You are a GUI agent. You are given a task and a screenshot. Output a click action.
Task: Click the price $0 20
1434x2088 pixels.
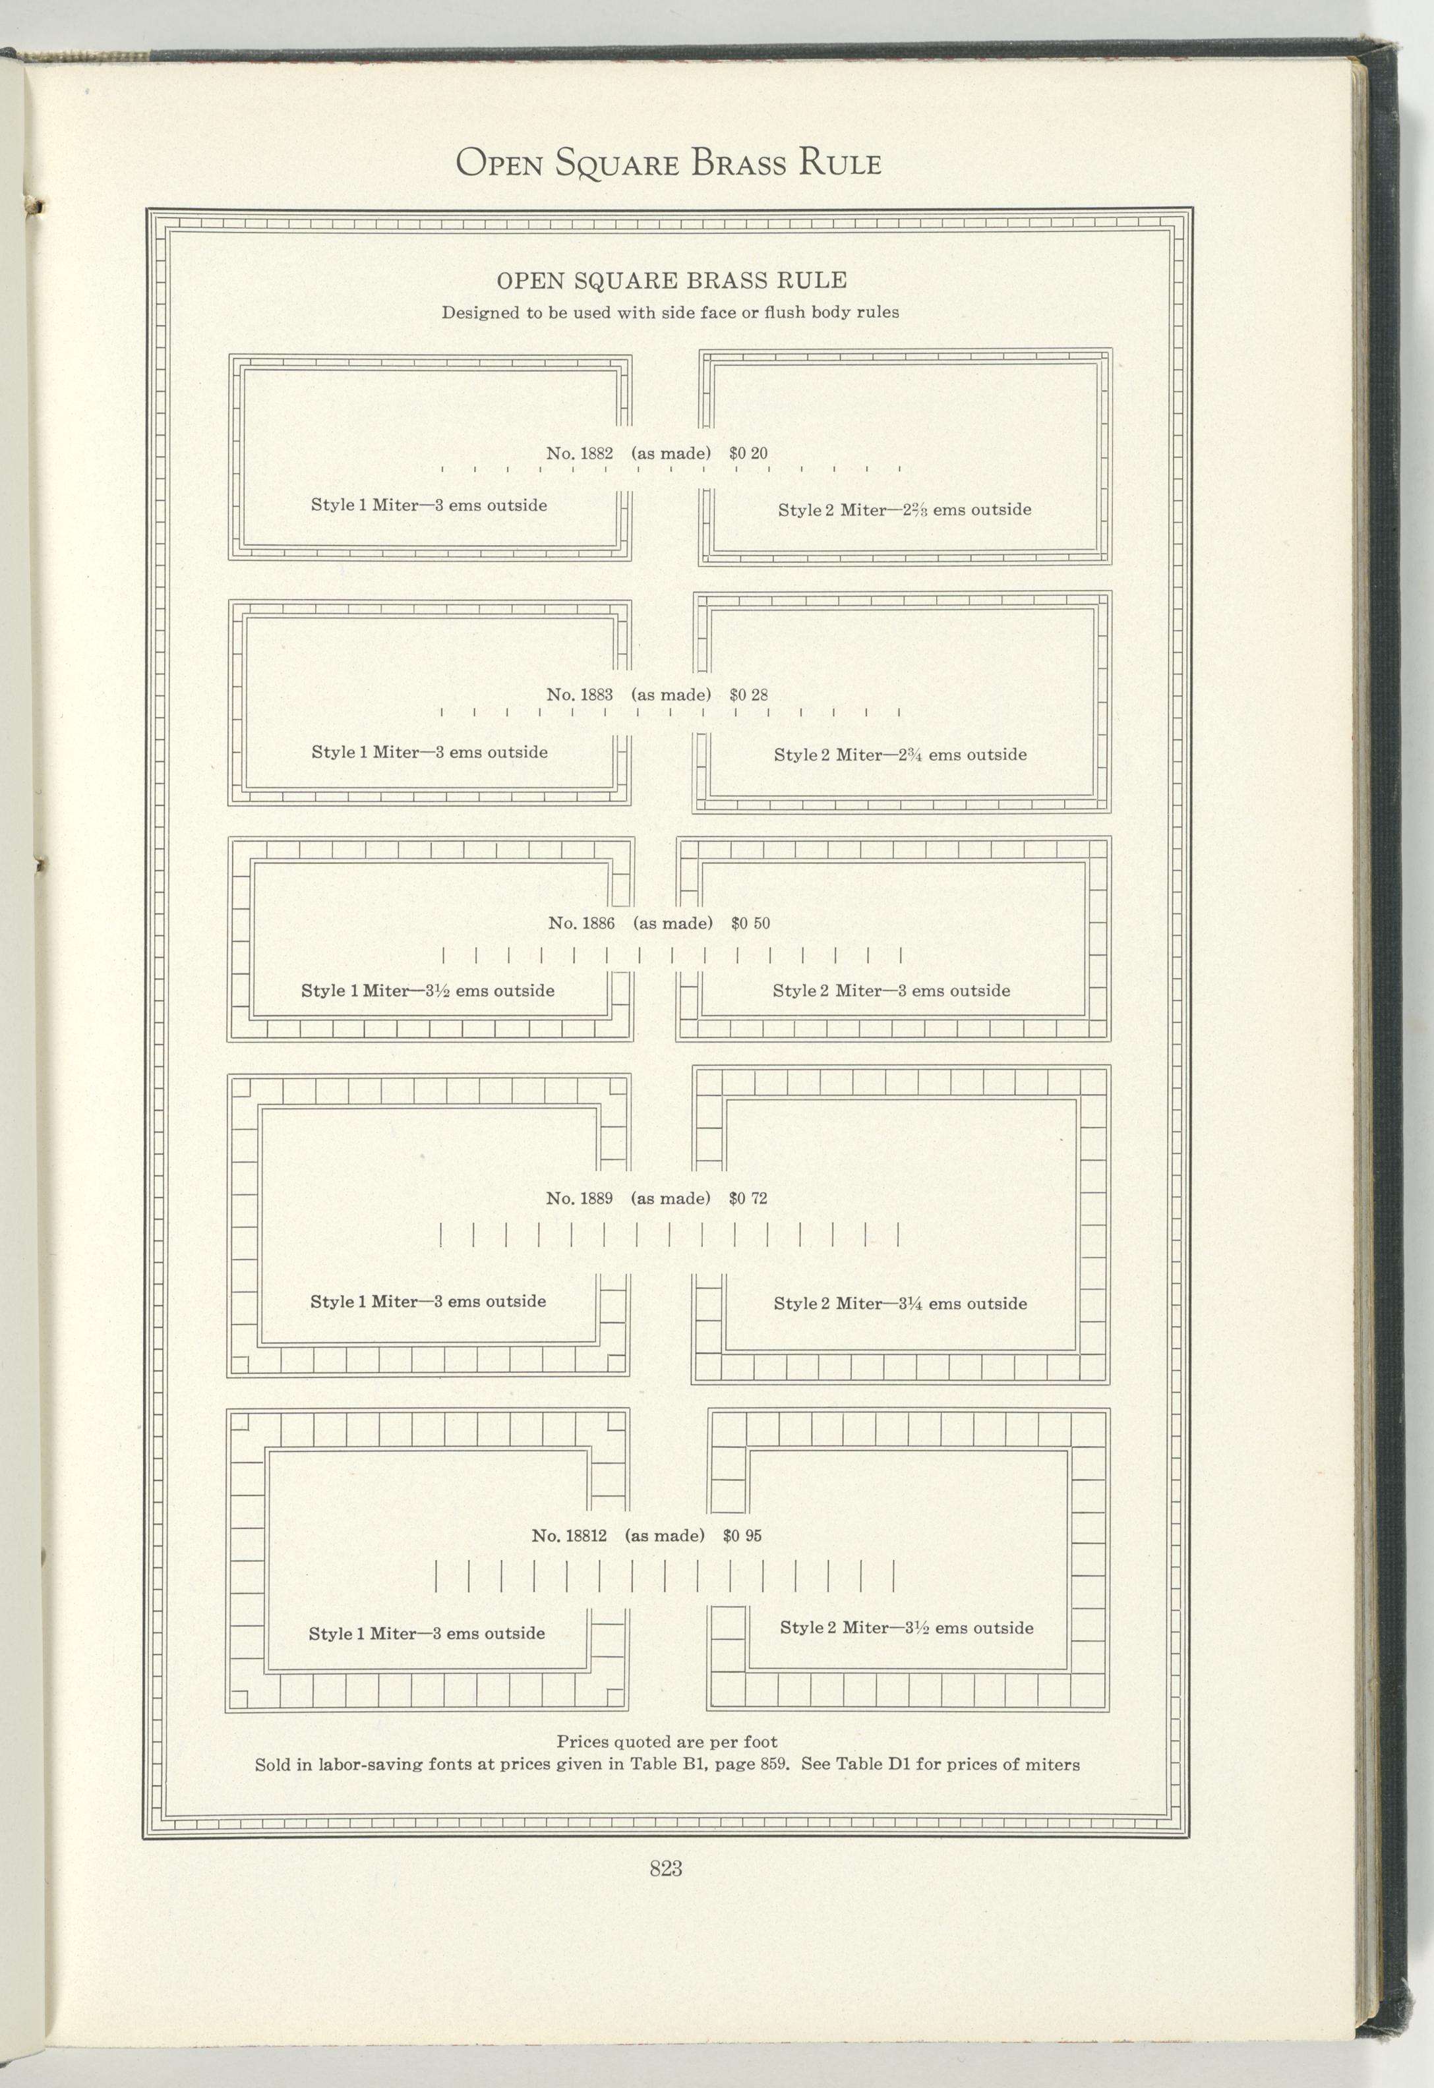click(x=748, y=453)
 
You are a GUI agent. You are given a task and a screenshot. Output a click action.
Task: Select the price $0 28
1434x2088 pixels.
click(x=748, y=695)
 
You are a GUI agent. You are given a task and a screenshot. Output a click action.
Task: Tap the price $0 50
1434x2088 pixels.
click(x=750, y=923)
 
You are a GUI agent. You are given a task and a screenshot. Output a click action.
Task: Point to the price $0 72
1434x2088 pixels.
click(x=748, y=1198)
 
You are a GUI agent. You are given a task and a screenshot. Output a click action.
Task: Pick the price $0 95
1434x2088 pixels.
click(x=742, y=1536)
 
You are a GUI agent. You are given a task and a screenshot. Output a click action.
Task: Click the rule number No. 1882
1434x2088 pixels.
click(x=580, y=453)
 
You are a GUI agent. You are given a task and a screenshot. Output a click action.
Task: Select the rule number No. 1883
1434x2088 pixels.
click(x=580, y=695)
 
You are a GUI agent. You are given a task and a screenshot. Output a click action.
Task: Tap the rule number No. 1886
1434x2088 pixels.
click(x=582, y=923)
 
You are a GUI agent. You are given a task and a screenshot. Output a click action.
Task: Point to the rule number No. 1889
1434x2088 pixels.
click(x=580, y=1198)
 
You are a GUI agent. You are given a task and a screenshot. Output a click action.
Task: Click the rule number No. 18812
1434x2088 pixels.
click(x=569, y=1536)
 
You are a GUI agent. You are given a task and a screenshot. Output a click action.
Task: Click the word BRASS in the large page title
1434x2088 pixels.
click(x=738, y=163)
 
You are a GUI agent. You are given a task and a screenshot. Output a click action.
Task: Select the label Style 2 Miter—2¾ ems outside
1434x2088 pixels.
click(x=901, y=755)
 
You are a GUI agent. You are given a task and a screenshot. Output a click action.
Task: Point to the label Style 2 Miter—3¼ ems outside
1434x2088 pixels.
click(x=901, y=1303)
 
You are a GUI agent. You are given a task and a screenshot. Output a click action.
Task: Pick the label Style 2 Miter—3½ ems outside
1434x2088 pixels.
click(x=907, y=1627)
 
